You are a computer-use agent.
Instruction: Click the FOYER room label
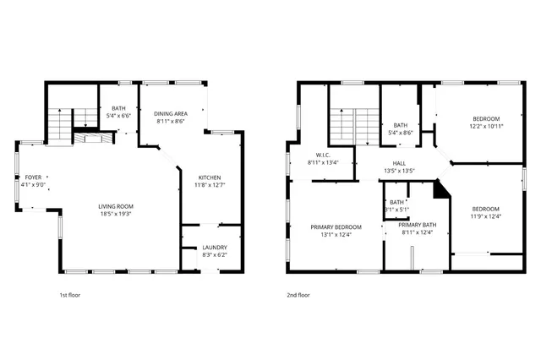click(x=33, y=177)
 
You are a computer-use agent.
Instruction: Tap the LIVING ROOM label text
click(x=116, y=207)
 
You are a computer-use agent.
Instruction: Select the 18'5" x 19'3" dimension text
click(x=116, y=215)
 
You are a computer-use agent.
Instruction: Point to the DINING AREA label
click(x=172, y=113)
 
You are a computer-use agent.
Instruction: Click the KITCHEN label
click(x=211, y=177)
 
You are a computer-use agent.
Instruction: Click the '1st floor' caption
click(x=70, y=295)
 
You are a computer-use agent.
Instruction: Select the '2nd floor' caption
click(x=298, y=295)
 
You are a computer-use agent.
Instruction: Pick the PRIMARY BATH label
click(x=418, y=225)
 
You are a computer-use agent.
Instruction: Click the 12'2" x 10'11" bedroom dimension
click(x=486, y=126)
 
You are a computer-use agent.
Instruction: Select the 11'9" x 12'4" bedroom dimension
click(x=486, y=216)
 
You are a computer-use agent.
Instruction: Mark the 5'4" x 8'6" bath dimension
click(x=401, y=132)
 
